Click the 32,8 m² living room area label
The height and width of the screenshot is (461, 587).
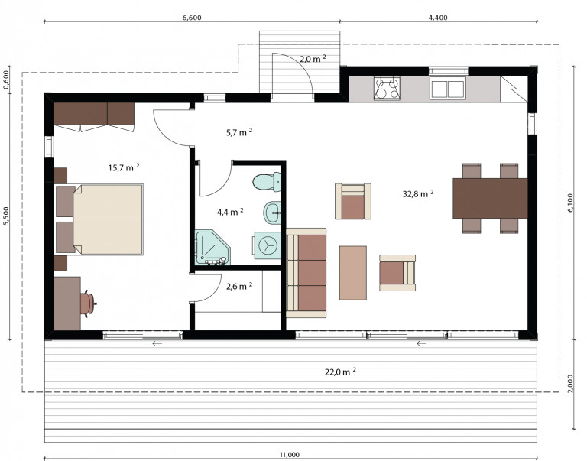click(418, 193)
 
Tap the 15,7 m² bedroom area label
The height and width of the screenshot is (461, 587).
click(124, 167)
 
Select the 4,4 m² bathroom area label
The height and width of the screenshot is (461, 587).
click(230, 212)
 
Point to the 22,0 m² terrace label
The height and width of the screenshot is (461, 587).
click(340, 372)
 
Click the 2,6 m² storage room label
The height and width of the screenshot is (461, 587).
click(238, 286)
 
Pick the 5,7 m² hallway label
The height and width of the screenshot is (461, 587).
click(238, 132)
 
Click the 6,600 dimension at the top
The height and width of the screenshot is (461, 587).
click(192, 18)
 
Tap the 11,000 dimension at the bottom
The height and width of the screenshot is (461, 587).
click(290, 455)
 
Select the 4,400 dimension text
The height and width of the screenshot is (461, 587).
click(438, 18)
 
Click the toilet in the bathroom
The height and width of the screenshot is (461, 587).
click(267, 182)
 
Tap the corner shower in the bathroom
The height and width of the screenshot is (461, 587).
click(212, 248)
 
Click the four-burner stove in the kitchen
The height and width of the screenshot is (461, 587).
click(387, 89)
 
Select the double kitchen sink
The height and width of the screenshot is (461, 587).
click(448, 89)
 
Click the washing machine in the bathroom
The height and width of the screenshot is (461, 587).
click(268, 245)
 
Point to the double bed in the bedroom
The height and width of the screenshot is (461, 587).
click(99, 219)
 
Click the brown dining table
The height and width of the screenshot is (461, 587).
click(490, 198)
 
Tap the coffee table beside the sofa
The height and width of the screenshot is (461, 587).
click(353, 273)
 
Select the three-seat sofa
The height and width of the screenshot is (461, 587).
click(306, 273)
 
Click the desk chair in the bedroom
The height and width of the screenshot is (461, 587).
click(88, 304)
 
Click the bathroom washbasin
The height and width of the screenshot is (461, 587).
click(272, 213)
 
